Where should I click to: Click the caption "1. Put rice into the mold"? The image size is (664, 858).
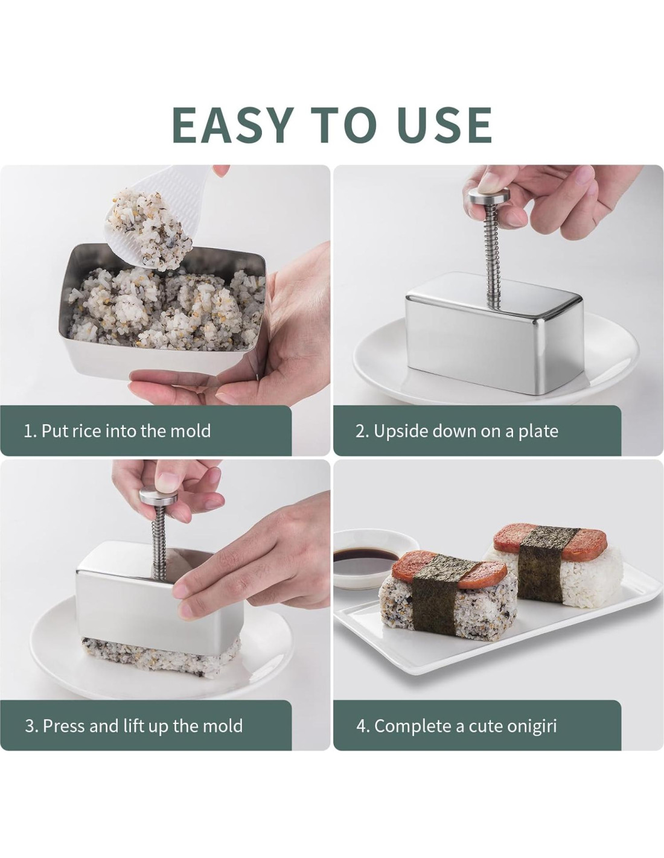118,430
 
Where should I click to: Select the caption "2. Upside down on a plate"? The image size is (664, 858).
457,431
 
